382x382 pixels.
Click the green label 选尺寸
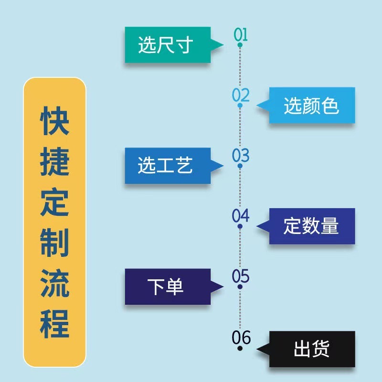click(166, 45)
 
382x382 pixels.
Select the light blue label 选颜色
click(311, 106)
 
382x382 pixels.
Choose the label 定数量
click(311, 226)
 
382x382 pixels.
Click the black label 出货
click(311, 350)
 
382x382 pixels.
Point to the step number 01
click(241, 34)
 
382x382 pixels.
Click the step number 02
click(241, 95)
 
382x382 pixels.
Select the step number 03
click(241, 155)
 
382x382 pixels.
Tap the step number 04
click(241, 216)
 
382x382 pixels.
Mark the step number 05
click(241, 276)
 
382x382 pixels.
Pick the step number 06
click(241, 337)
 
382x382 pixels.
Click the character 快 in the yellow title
click(54, 121)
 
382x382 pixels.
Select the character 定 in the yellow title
click(54, 202)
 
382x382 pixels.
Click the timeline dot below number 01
click(240, 45)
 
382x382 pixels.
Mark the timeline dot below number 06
click(240, 349)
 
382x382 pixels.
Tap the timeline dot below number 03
click(240, 166)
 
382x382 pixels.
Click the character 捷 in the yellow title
click(54, 161)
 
